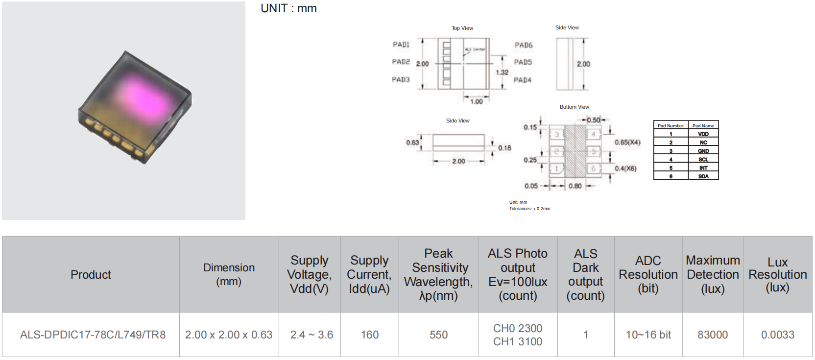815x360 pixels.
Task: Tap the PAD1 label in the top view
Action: point(401,45)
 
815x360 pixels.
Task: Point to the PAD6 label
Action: point(523,45)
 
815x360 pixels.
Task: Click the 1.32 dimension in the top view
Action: point(502,72)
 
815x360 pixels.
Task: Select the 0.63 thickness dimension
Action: point(412,143)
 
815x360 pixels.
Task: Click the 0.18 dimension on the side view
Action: point(504,148)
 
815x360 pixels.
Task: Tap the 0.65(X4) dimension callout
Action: point(627,143)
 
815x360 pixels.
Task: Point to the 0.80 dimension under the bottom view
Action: point(575,186)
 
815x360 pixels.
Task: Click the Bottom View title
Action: point(574,107)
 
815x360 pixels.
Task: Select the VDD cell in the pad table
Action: point(703,134)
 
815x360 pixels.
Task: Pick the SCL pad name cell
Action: point(703,159)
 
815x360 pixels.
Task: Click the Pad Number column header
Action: point(671,125)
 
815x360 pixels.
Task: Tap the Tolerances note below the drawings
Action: point(529,209)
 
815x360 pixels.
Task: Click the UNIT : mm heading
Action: point(288,8)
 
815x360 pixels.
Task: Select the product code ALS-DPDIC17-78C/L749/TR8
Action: point(93,335)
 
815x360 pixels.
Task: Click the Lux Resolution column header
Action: point(777,274)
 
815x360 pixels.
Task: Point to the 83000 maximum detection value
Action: point(713,335)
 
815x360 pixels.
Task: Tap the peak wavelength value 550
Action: point(438,335)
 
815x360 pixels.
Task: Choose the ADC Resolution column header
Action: point(648,274)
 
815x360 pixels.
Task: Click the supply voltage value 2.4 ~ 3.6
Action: point(312,335)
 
